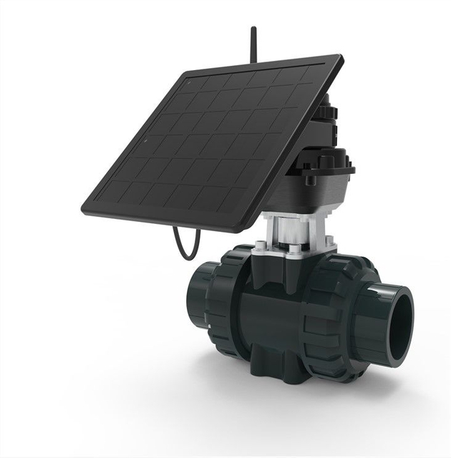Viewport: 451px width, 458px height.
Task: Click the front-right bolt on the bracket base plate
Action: [296, 251]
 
